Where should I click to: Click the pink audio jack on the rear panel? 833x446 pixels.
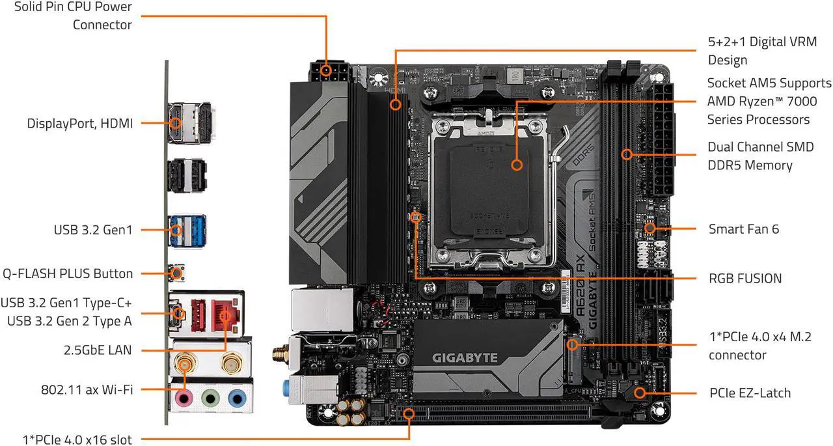click(x=184, y=399)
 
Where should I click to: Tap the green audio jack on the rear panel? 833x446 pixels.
click(x=210, y=399)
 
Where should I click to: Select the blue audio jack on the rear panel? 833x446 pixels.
click(x=237, y=399)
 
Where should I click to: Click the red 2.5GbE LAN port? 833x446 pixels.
click(x=225, y=316)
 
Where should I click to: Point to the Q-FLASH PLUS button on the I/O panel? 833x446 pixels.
click(x=177, y=273)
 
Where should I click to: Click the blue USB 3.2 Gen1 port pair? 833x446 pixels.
click(x=187, y=230)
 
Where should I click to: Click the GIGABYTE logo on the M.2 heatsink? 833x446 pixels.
click(x=465, y=358)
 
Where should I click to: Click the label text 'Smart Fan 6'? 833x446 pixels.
click(x=744, y=229)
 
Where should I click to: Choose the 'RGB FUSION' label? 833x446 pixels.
click(x=745, y=278)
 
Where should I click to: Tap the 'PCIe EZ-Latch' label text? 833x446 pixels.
click(x=750, y=393)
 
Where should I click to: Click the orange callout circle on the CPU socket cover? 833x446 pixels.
click(x=517, y=165)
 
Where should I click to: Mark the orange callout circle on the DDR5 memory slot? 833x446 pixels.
click(x=627, y=154)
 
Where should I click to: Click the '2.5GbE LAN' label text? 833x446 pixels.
click(x=98, y=350)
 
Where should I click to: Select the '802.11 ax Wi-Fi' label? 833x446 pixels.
click(x=87, y=389)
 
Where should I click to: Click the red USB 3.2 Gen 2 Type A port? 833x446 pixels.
click(x=198, y=316)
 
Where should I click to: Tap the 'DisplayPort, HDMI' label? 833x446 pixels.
click(x=79, y=123)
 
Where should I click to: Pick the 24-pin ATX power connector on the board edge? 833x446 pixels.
click(x=664, y=139)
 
